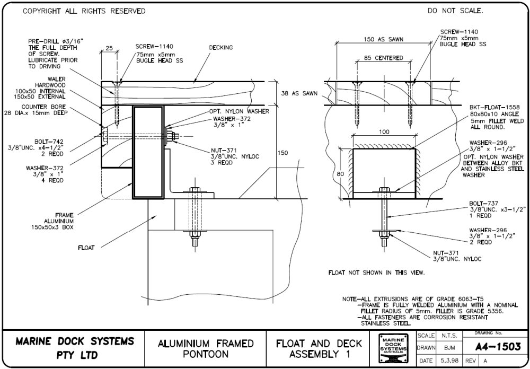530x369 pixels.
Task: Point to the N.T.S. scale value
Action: click(x=449, y=336)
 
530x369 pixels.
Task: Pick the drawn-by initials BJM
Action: click(x=449, y=348)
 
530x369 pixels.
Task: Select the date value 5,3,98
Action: click(x=449, y=361)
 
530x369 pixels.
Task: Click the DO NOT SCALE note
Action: click(x=455, y=11)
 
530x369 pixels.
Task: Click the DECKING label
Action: click(x=220, y=47)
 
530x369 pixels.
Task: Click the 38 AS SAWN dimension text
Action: click(x=299, y=93)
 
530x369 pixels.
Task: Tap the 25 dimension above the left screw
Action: click(x=109, y=48)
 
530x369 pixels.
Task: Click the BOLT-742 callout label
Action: click(x=47, y=142)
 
